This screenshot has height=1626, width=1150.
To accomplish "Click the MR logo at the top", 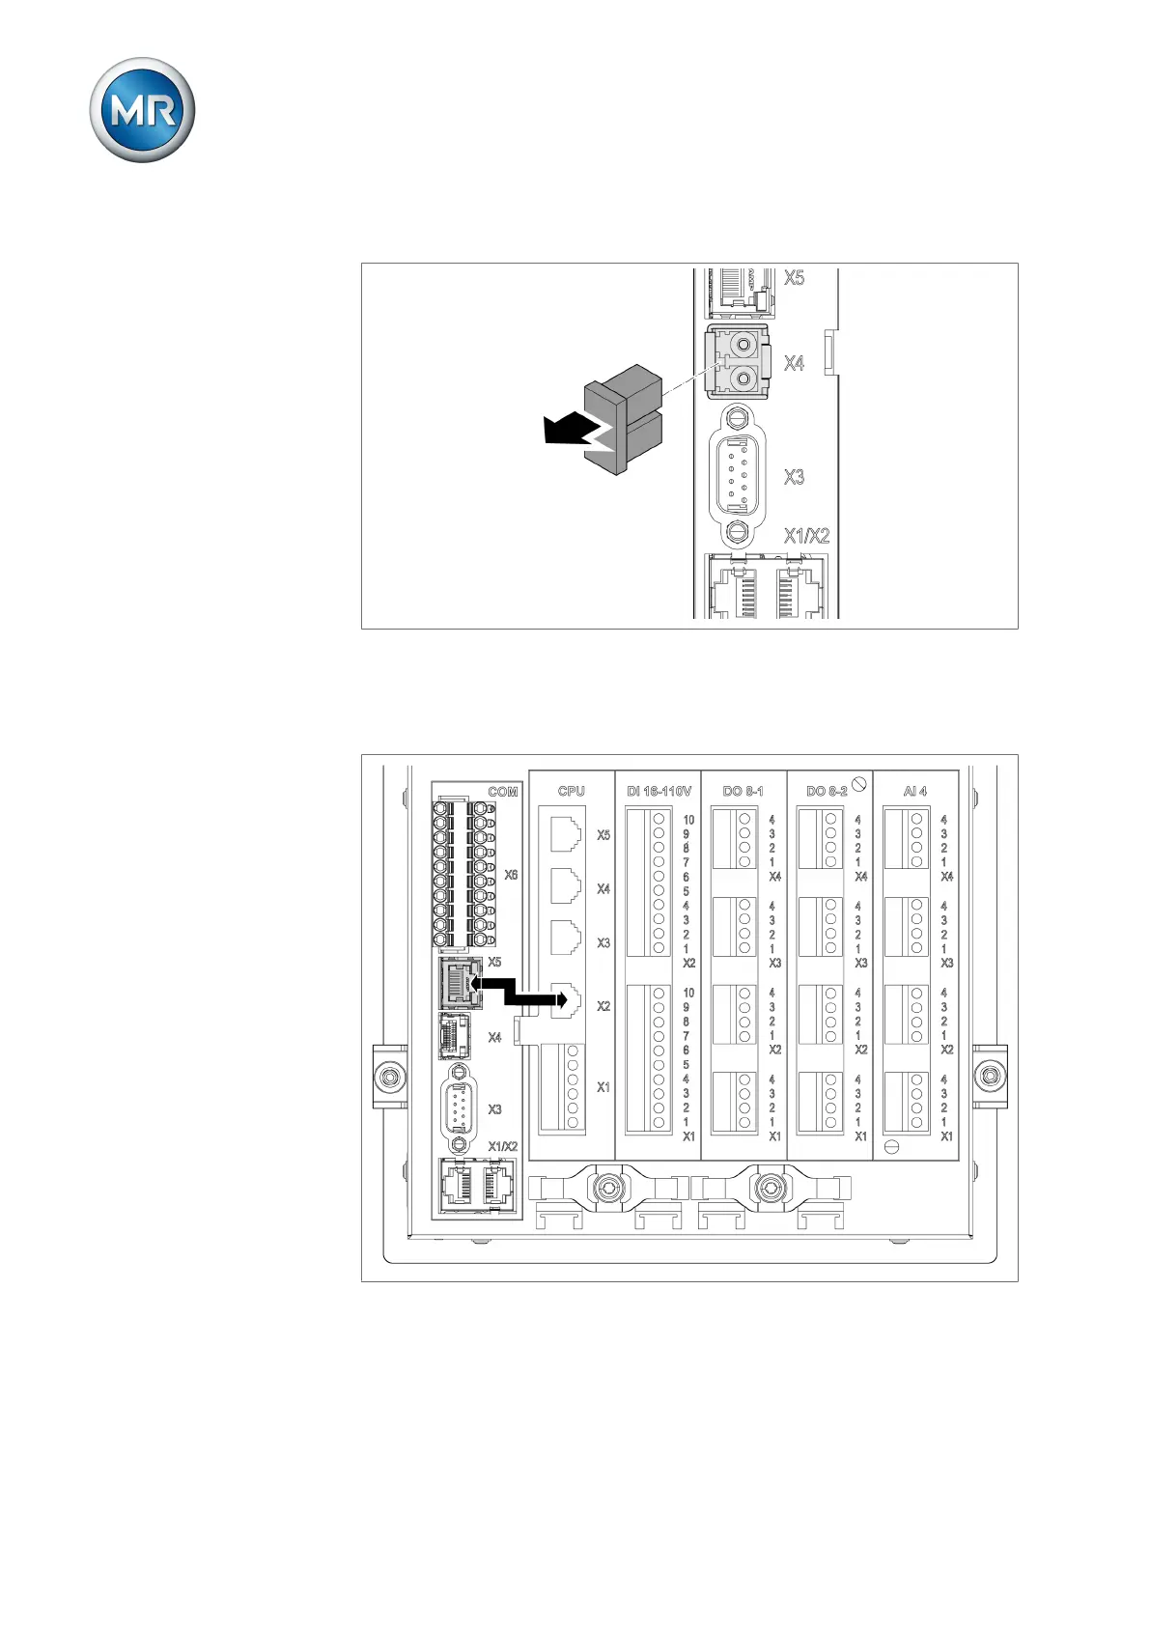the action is (142, 110).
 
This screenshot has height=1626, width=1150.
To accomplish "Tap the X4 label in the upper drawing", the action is (794, 363).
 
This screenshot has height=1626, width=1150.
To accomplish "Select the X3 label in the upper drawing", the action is (794, 477).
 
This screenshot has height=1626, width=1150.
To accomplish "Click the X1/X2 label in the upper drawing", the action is (806, 536).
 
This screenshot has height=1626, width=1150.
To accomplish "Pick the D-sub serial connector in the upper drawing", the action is (737, 474).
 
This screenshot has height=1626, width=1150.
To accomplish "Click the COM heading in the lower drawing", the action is (502, 792).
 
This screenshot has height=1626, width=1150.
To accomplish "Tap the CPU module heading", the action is (571, 791).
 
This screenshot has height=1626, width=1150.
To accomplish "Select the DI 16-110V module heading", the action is (659, 791).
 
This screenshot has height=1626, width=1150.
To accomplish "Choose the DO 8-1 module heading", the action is (743, 791).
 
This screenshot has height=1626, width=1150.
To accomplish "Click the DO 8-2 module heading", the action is (827, 791).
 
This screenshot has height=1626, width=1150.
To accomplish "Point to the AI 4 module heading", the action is (914, 791).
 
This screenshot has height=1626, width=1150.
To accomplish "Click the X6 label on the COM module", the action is (511, 875).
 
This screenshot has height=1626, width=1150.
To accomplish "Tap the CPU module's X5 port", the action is (567, 833).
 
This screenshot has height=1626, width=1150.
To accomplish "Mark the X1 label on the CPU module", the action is (603, 1087).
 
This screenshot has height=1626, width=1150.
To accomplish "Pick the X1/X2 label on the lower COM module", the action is (502, 1146).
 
